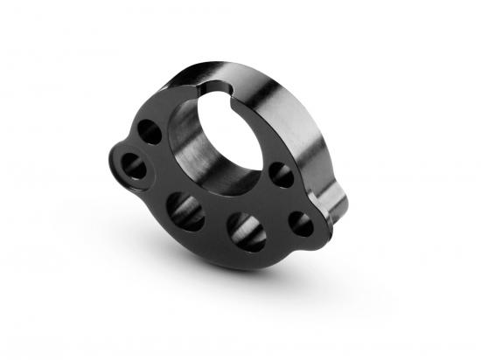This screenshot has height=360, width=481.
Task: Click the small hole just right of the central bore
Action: (x=281, y=173)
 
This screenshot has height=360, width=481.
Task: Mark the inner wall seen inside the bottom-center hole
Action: (x=247, y=236)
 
